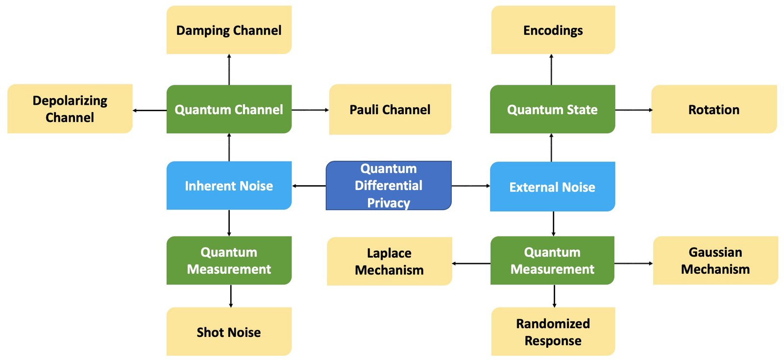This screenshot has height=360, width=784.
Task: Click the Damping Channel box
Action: (x=229, y=30)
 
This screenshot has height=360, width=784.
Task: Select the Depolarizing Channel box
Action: (x=70, y=109)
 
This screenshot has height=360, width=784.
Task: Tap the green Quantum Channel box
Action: (x=229, y=109)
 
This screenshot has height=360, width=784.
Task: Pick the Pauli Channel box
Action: (x=390, y=109)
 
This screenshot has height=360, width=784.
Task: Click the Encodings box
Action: (x=553, y=30)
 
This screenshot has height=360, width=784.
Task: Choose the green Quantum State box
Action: (x=552, y=109)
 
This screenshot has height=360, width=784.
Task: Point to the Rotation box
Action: (x=713, y=109)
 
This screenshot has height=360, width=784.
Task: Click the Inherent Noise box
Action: (x=229, y=186)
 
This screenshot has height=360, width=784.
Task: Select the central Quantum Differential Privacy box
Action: (x=389, y=186)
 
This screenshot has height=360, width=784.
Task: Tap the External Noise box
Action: (x=552, y=187)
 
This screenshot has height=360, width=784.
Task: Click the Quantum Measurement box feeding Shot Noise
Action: (x=229, y=261)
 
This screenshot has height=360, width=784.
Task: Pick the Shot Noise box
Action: (x=229, y=332)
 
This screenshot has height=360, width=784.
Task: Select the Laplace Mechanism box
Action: (x=389, y=262)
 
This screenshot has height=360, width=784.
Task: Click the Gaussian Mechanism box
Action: (x=715, y=261)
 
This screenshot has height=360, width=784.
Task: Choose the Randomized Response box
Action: (x=553, y=332)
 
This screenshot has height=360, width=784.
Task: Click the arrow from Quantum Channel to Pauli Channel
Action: (x=310, y=110)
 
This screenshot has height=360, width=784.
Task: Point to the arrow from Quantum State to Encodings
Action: (x=551, y=70)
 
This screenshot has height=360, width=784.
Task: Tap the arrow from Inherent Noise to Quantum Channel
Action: (x=229, y=147)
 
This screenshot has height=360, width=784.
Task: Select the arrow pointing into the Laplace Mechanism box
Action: (x=471, y=264)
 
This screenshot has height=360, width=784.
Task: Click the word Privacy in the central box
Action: (x=389, y=203)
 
